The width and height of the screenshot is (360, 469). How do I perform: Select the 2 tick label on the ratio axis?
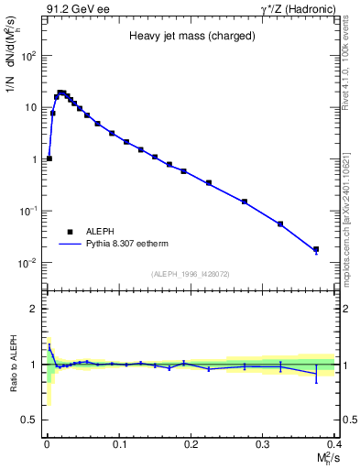(x=35, y=309)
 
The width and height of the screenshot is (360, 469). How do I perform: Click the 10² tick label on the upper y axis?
(x=29, y=55)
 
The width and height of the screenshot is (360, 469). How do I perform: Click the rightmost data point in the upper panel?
(x=316, y=249)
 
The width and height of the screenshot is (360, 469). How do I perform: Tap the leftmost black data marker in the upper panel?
(x=49, y=158)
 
